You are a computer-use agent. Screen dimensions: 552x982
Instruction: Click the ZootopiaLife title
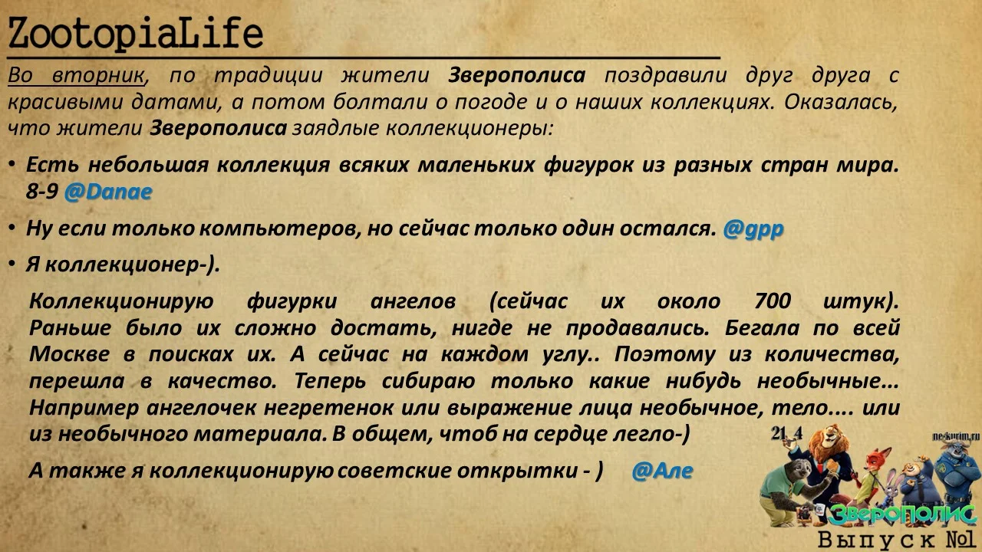(x=135, y=34)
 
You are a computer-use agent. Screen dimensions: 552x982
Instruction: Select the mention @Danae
(x=107, y=192)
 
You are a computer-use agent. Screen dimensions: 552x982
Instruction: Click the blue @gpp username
(x=753, y=228)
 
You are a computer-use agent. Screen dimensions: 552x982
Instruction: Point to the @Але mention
(x=662, y=471)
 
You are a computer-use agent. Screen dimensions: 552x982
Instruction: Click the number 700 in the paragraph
(x=772, y=301)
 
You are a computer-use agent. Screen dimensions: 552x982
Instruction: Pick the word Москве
(x=67, y=354)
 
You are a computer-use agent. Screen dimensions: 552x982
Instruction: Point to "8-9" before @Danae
(x=41, y=192)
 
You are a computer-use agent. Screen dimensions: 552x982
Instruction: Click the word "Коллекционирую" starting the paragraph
(x=120, y=301)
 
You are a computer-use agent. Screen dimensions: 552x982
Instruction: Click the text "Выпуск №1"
(x=896, y=540)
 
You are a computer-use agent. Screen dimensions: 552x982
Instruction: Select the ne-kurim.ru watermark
(x=957, y=435)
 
